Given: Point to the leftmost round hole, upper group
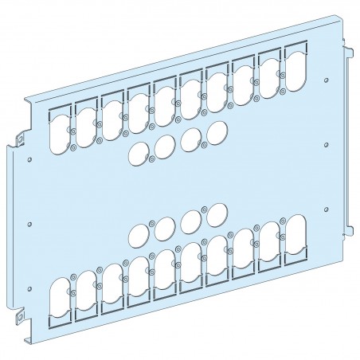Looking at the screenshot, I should (x=139, y=151).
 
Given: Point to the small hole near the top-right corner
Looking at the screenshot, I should (x=327, y=80).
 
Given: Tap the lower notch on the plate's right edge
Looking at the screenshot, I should (x=349, y=231).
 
